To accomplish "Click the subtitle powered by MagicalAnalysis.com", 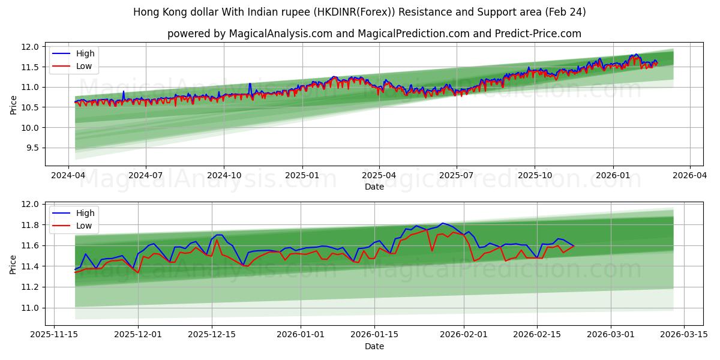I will pyautogui.click(x=374, y=34).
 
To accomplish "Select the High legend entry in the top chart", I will pyautogui.click(x=85, y=53).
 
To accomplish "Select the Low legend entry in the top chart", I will pyautogui.click(x=84, y=66).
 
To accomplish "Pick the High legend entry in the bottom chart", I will pyautogui.click(x=85, y=213).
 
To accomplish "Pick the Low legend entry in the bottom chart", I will pyautogui.click(x=84, y=226).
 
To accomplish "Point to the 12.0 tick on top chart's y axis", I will pyautogui.click(x=31, y=47).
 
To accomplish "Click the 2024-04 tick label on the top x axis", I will pyautogui.click(x=68, y=175).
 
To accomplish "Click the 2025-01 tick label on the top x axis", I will pyautogui.click(x=302, y=175).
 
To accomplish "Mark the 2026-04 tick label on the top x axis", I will pyautogui.click(x=689, y=175).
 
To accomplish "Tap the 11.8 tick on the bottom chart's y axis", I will pyautogui.click(x=31, y=225).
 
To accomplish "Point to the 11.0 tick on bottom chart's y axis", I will pyautogui.click(x=31, y=308).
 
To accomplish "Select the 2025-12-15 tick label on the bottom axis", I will pyautogui.click(x=211, y=334).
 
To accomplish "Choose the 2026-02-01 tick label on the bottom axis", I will pyautogui.click(x=464, y=334).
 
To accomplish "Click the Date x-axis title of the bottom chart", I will pyautogui.click(x=374, y=346).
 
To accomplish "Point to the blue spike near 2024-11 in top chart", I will pyautogui.click(x=250, y=84).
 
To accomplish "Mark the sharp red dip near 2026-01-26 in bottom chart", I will pyautogui.click(x=432, y=250).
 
